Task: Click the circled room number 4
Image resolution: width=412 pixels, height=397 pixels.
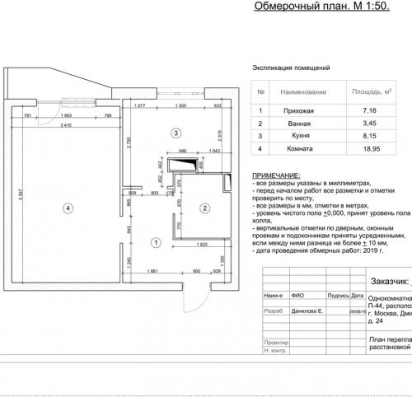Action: (68, 208)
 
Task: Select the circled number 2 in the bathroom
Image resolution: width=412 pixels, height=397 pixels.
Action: (204, 208)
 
